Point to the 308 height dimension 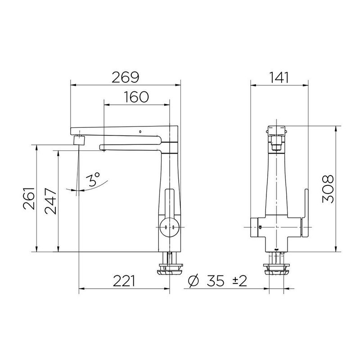tap(328, 189)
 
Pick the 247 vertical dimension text tap(50, 201)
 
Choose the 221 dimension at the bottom tap(123, 282)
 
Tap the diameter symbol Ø tap(192, 282)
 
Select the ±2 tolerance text tap(239, 282)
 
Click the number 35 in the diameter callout tap(216, 282)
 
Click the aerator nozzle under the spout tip tap(80, 139)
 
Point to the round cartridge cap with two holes tap(169, 228)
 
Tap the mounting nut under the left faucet tap(169, 270)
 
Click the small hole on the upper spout tap(140, 132)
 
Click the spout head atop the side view tap(277, 131)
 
